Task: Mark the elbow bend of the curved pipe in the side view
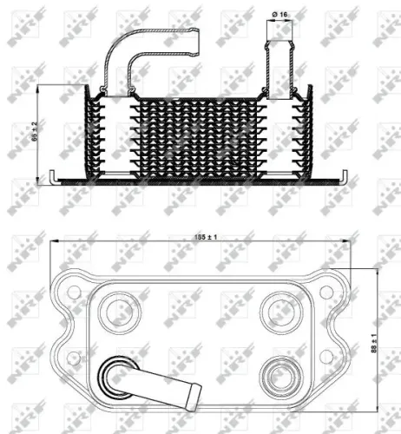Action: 117,55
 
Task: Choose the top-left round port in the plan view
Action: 115,309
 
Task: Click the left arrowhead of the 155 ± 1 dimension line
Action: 52,244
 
